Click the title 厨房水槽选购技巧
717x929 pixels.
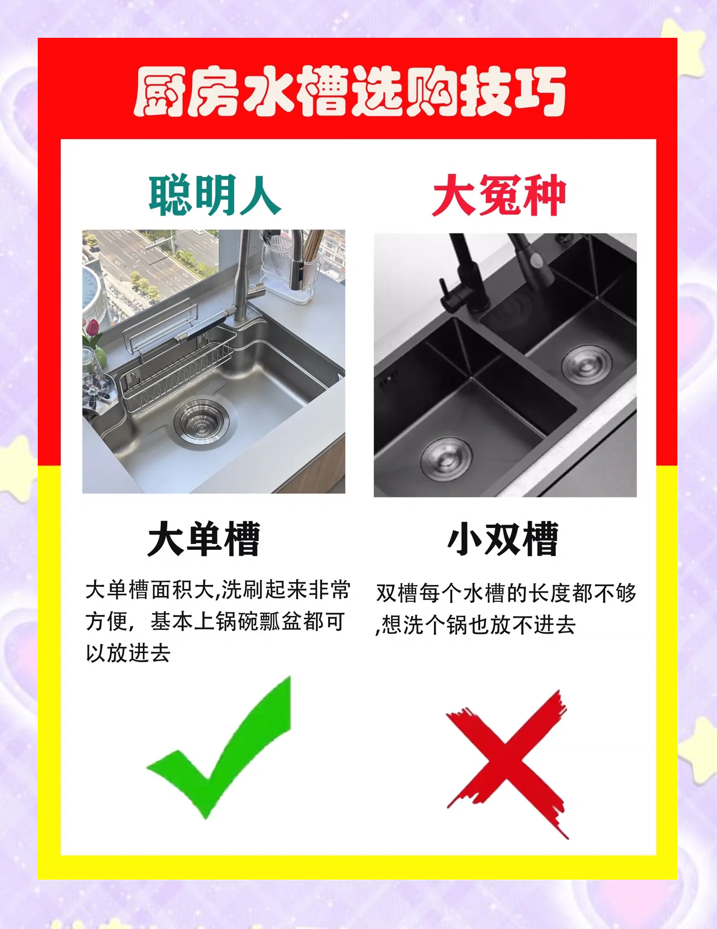tap(350, 92)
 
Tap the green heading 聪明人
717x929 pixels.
tap(215, 196)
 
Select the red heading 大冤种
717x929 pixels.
tap(499, 196)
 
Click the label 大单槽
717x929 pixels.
tap(204, 539)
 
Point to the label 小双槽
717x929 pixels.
tap(503, 539)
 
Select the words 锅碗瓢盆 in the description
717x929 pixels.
tap(260, 621)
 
